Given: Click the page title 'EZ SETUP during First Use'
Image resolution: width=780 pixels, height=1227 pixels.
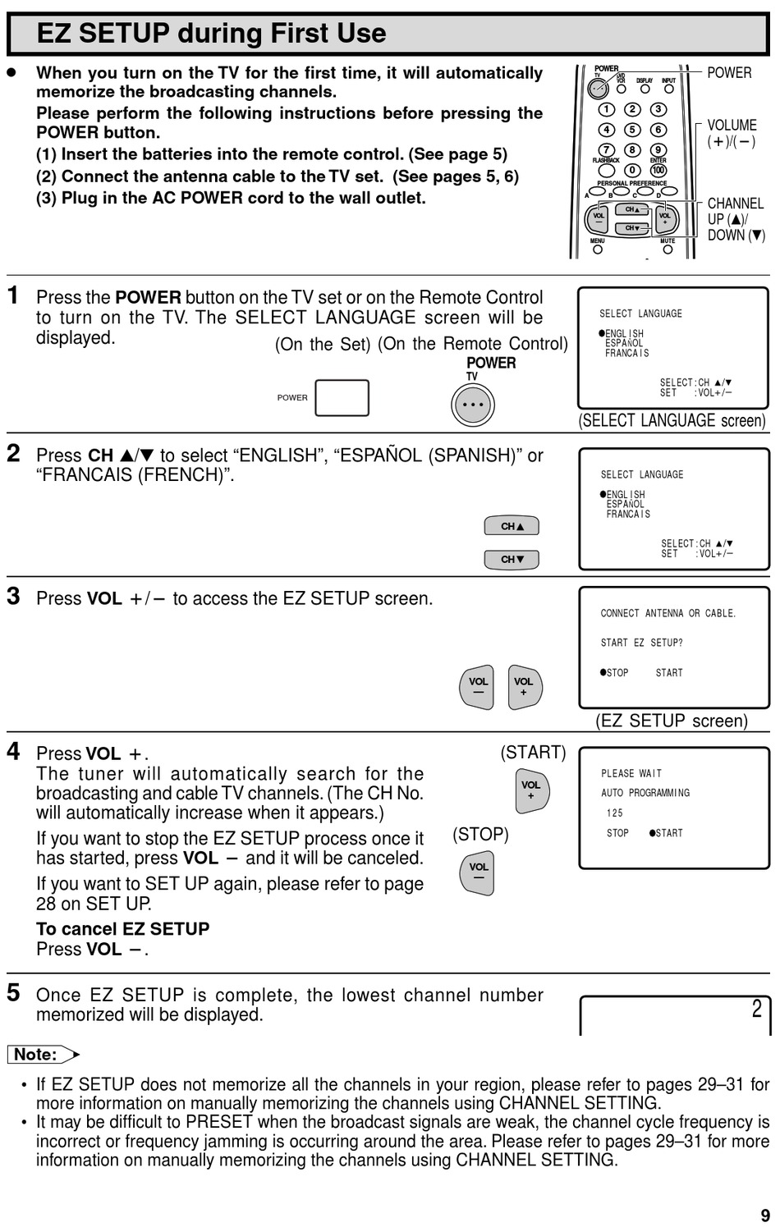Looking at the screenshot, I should tap(212, 34).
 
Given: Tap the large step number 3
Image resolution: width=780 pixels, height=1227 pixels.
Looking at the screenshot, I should tap(13, 596).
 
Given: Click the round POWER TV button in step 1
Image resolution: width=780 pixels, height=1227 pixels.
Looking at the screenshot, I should tap(473, 405).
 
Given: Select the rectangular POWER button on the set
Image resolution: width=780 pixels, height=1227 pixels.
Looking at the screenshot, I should tap(342, 398).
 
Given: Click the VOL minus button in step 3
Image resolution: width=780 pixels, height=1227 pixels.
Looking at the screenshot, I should tap(478, 687).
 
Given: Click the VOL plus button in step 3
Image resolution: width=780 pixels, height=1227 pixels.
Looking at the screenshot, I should tap(524, 687).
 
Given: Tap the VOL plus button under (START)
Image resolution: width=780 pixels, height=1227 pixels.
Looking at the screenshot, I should tap(531, 790).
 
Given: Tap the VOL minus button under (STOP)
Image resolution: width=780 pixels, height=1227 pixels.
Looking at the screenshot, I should tap(478, 872).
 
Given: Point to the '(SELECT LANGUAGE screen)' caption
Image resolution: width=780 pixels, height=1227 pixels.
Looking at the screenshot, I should tap(672, 421).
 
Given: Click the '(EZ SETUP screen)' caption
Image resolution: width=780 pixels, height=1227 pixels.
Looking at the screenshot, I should tap(672, 721).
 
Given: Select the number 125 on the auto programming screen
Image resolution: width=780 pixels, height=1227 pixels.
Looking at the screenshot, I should tap(615, 813).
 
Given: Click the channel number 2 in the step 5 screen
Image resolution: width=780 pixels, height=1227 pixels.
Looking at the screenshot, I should tap(756, 1009).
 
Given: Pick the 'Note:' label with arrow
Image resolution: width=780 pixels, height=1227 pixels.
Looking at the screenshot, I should tap(43, 1055).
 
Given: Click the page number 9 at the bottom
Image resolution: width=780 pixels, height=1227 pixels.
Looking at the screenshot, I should tap(765, 1216).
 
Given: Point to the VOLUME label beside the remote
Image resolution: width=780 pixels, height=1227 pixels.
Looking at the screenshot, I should tap(732, 126).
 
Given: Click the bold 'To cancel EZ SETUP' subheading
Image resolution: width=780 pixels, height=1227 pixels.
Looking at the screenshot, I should tap(123, 929).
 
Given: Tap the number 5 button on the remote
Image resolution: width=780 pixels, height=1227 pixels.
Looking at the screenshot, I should tap(632, 130).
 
